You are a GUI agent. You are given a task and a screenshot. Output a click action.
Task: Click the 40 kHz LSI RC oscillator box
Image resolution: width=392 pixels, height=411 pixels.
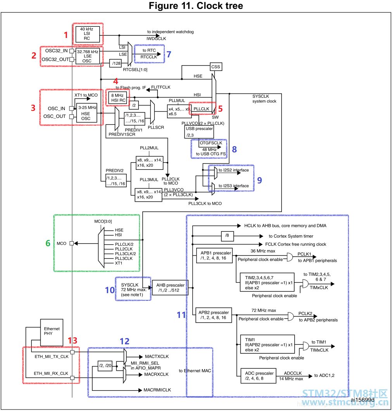(88, 34)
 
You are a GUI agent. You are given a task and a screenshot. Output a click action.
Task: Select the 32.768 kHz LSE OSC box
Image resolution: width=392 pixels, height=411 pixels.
(88, 56)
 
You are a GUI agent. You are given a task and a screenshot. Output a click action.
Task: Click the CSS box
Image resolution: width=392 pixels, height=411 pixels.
(216, 67)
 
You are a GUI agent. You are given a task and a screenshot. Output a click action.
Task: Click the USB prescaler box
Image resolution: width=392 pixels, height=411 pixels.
(199, 132)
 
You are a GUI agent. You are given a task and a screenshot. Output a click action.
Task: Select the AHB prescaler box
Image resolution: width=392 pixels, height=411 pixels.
(170, 288)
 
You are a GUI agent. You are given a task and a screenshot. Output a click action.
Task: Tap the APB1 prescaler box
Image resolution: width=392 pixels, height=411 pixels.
(214, 255)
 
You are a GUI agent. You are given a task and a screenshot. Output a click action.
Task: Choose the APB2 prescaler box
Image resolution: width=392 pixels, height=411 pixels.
(214, 315)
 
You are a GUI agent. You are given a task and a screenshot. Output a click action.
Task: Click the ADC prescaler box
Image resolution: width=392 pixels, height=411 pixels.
(258, 376)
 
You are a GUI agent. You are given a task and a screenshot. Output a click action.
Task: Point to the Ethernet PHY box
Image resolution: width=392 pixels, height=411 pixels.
(52, 332)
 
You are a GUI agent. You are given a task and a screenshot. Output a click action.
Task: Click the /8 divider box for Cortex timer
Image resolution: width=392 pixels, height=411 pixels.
(227, 236)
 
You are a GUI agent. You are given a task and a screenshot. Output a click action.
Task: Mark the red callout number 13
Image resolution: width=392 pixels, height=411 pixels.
(73, 340)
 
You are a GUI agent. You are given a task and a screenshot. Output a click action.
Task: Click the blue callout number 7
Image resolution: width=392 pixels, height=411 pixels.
(169, 54)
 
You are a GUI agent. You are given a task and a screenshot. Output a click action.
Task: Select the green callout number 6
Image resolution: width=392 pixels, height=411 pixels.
(48, 243)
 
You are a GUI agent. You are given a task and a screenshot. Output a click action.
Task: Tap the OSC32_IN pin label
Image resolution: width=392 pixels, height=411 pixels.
(56, 50)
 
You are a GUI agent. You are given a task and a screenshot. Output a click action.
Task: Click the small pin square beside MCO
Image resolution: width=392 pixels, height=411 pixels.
(71, 243)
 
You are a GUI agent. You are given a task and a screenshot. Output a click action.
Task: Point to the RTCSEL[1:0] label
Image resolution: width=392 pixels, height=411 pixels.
(135, 70)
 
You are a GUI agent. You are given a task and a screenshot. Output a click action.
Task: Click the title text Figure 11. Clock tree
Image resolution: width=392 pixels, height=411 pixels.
(196, 5)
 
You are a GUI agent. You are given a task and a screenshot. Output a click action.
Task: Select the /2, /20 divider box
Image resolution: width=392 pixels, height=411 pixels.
(105, 365)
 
